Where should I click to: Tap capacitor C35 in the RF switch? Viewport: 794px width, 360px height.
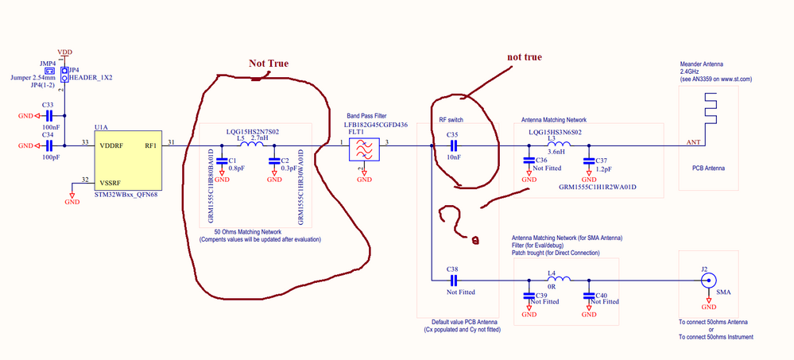click(454, 146)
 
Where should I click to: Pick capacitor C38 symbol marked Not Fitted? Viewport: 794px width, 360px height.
click(454, 279)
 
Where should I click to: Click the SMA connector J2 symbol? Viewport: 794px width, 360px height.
click(705, 280)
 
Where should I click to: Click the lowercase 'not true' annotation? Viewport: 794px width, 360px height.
click(524, 57)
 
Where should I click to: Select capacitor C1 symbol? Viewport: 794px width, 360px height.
click(222, 161)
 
